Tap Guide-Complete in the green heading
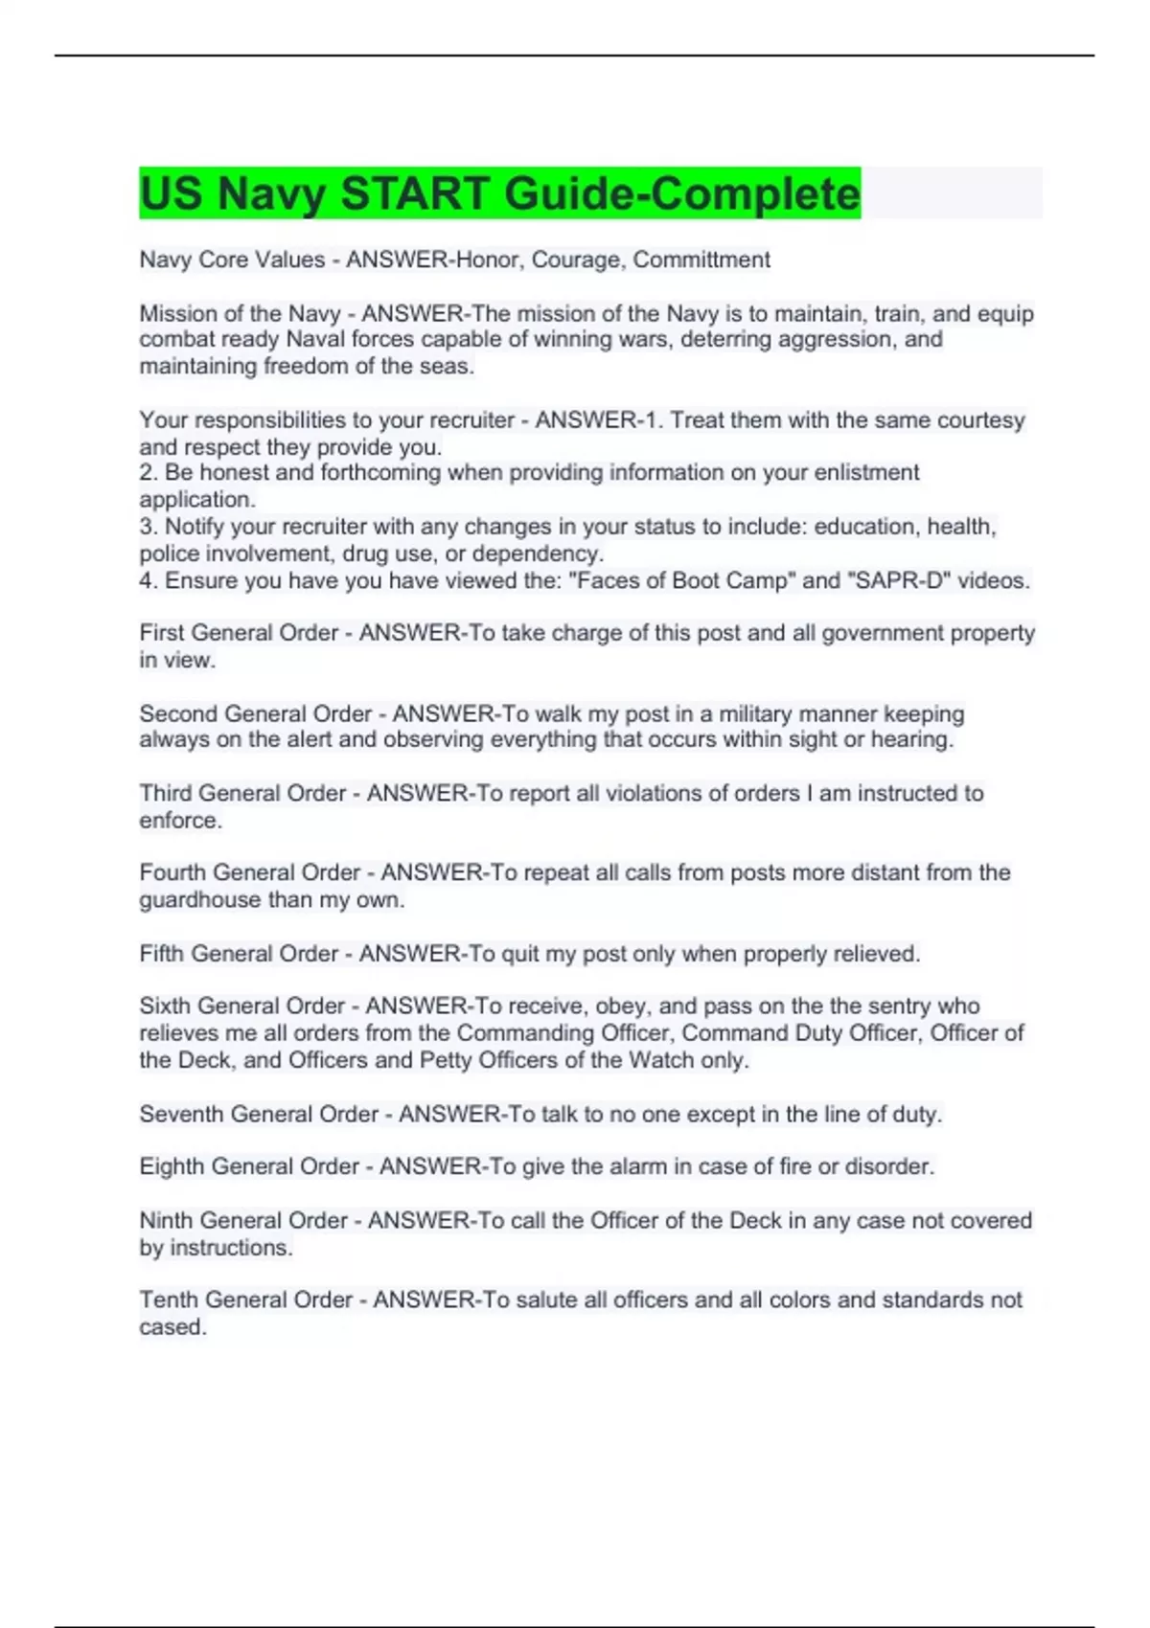pos(682,193)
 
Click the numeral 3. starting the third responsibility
pos(149,527)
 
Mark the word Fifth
pos(162,954)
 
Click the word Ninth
pos(166,1220)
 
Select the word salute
pos(546,1300)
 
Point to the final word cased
pos(172,1327)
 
